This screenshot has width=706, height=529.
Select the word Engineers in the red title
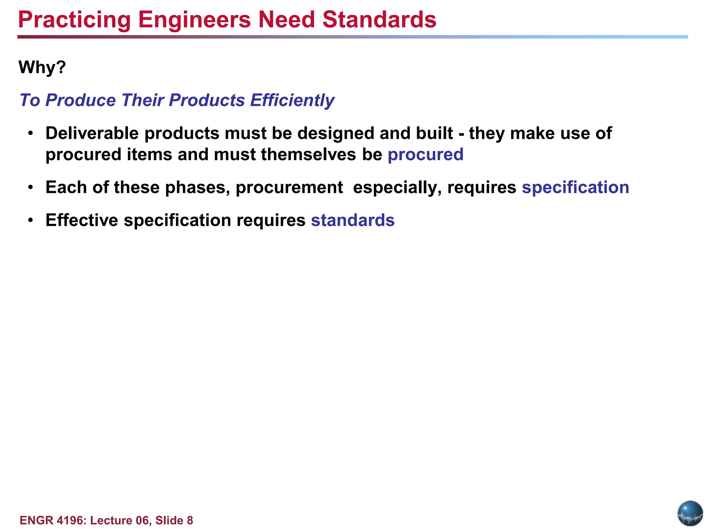point(194,20)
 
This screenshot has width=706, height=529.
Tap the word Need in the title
point(286,20)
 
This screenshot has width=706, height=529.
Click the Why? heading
point(42,67)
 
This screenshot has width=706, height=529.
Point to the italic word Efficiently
point(292,100)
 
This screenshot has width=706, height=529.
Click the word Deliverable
point(92,133)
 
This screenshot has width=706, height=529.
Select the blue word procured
point(425,155)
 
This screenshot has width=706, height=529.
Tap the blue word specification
point(575,188)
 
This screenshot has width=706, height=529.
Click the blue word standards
point(353,220)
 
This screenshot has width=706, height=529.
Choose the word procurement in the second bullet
point(289,188)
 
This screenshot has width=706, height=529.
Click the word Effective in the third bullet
point(82,220)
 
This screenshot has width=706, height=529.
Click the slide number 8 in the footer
point(190,520)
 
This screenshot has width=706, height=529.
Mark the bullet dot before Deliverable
point(31,133)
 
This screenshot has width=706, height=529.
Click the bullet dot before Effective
point(31,220)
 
